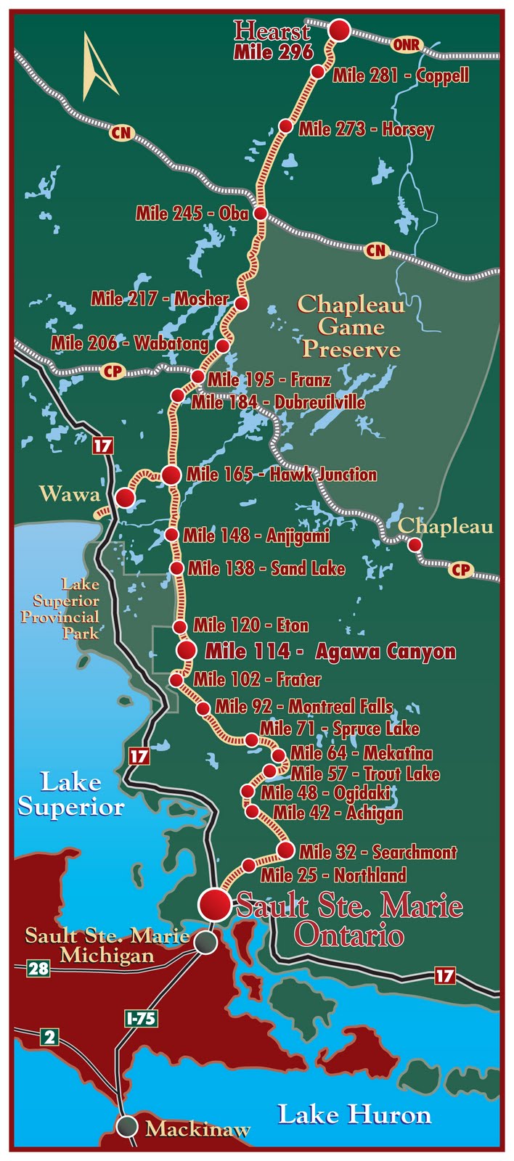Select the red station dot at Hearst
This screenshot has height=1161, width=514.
click(x=340, y=30)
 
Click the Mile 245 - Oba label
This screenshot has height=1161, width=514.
click(x=192, y=213)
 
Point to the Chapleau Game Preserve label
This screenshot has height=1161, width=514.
click(x=351, y=327)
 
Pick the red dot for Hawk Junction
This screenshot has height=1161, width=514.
click(x=171, y=475)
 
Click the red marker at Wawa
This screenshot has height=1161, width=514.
click(x=125, y=498)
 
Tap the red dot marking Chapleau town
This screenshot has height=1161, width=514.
click(x=415, y=544)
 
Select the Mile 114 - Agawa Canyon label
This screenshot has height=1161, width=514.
click(x=330, y=651)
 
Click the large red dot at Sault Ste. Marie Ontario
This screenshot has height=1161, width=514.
click(x=215, y=903)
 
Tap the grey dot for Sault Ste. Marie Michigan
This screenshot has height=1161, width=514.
click(x=206, y=943)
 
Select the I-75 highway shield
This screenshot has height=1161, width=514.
click(x=140, y=1018)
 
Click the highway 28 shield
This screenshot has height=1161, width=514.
click(x=38, y=967)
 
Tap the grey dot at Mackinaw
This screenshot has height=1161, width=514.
click(x=127, y=1126)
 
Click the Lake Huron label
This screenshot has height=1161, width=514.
click(x=354, y=1115)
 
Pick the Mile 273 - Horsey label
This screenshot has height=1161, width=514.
click(x=366, y=130)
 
